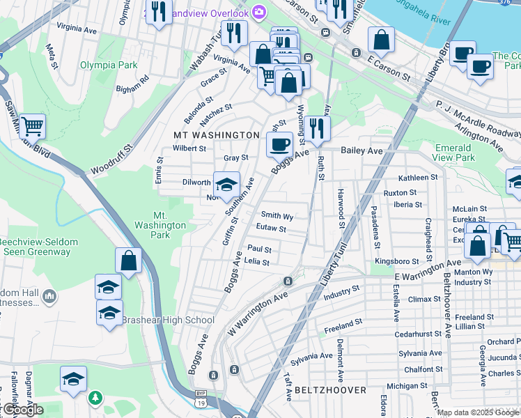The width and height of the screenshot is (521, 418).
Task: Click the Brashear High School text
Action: [x=168, y=320]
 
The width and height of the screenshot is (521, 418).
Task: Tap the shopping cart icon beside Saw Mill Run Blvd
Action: [x=32, y=126]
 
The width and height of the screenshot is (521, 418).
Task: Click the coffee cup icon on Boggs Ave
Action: [x=279, y=144]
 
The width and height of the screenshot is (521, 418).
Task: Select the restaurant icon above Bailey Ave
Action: [x=317, y=127]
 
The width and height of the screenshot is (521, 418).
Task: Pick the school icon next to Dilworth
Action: [x=226, y=185]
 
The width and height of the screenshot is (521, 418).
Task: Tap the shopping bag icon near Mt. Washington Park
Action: [x=129, y=261]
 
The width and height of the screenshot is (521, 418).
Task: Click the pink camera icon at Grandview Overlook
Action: [x=259, y=11]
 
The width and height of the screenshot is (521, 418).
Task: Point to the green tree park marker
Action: [x=94, y=398]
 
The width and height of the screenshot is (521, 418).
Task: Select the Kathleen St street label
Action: [x=418, y=178]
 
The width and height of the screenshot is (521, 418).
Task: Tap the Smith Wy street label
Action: [x=277, y=217]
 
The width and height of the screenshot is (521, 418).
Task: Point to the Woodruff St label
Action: [x=109, y=160]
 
